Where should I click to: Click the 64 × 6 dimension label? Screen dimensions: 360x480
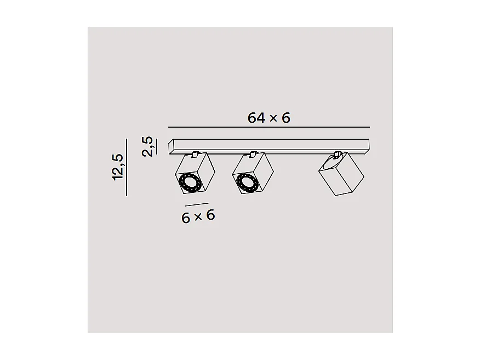(268, 117)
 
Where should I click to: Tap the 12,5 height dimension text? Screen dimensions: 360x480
(118, 167)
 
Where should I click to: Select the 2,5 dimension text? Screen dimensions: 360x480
(147, 146)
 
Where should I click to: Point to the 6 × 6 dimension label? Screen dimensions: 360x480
(198, 216)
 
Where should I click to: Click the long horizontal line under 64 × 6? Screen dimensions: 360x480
(268, 127)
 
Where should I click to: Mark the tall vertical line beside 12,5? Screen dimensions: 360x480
(127, 167)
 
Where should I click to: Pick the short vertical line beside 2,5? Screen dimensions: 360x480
(156, 146)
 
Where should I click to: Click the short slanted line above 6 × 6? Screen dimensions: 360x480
(197, 205)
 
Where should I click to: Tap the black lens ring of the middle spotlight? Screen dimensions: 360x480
(245, 182)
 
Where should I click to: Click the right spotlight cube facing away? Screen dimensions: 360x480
(341, 175)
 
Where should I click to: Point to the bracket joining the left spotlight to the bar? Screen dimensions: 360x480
(195, 153)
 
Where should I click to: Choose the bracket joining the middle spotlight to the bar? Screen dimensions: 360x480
(253, 153)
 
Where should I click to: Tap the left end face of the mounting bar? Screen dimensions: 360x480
(172, 146)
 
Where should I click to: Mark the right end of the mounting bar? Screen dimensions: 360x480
(368, 145)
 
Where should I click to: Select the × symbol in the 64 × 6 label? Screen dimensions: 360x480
(272, 118)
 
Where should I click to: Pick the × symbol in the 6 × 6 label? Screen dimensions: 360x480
(198, 216)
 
